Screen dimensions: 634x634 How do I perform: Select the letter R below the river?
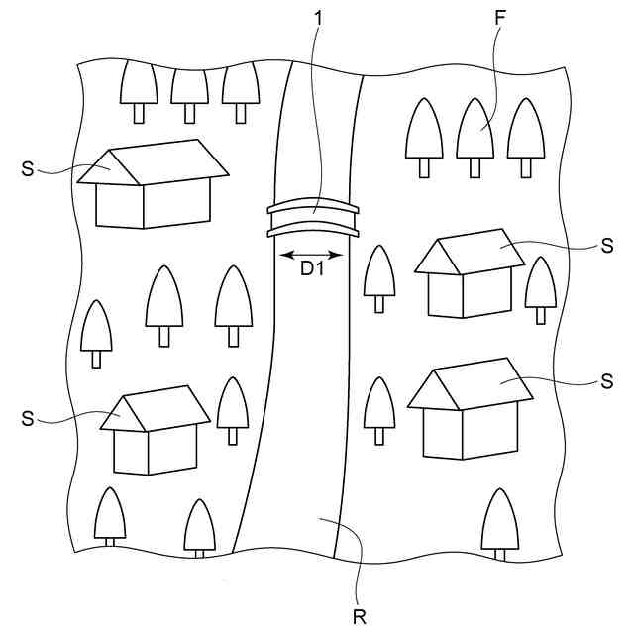point(359,616)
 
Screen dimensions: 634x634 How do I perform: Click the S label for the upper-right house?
point(607,247)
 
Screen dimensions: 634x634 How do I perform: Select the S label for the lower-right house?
point(606,380)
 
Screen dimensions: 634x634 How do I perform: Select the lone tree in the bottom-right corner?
point(500,521)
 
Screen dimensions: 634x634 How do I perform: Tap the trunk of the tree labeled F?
point(475,168)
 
